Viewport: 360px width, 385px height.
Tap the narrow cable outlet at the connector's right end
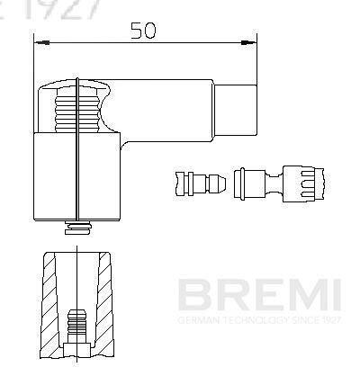238,107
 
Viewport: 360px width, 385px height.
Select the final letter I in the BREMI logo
334,294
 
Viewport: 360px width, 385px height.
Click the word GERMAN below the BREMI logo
194,319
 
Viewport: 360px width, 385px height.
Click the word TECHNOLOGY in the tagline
248,319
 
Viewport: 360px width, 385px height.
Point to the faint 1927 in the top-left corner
45,8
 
